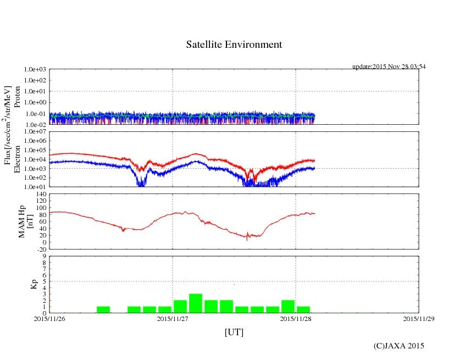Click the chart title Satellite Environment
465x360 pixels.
tap(234, 45)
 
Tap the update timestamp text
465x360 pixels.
tap(389, 67)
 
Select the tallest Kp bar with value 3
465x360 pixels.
tap(196, 303)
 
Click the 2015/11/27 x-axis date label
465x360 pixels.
tap(173, 318)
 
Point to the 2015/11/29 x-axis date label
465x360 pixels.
tap(419, 318)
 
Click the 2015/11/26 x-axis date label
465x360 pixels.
tap(49, 318)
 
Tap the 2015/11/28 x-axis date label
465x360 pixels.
tap(296, 318)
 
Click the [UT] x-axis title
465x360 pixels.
tap(234, 332)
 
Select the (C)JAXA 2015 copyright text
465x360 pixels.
tap(398, 346)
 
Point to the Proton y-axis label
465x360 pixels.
tap(18, 97)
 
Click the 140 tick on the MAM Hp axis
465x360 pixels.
tap(40, 194)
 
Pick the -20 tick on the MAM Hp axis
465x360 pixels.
tap(40, 249)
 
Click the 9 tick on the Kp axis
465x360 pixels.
tap(44, 256)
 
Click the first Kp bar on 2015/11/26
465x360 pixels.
tap(103, 309)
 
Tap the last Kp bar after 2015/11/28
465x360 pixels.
tap(303, 309)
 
